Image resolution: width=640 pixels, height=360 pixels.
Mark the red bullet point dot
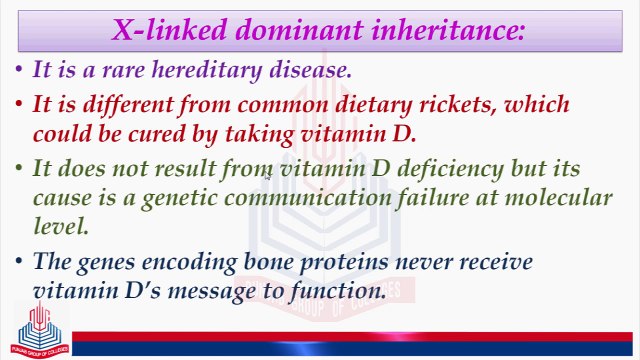coord(20,104)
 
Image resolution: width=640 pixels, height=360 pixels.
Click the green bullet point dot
coord(20,168)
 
